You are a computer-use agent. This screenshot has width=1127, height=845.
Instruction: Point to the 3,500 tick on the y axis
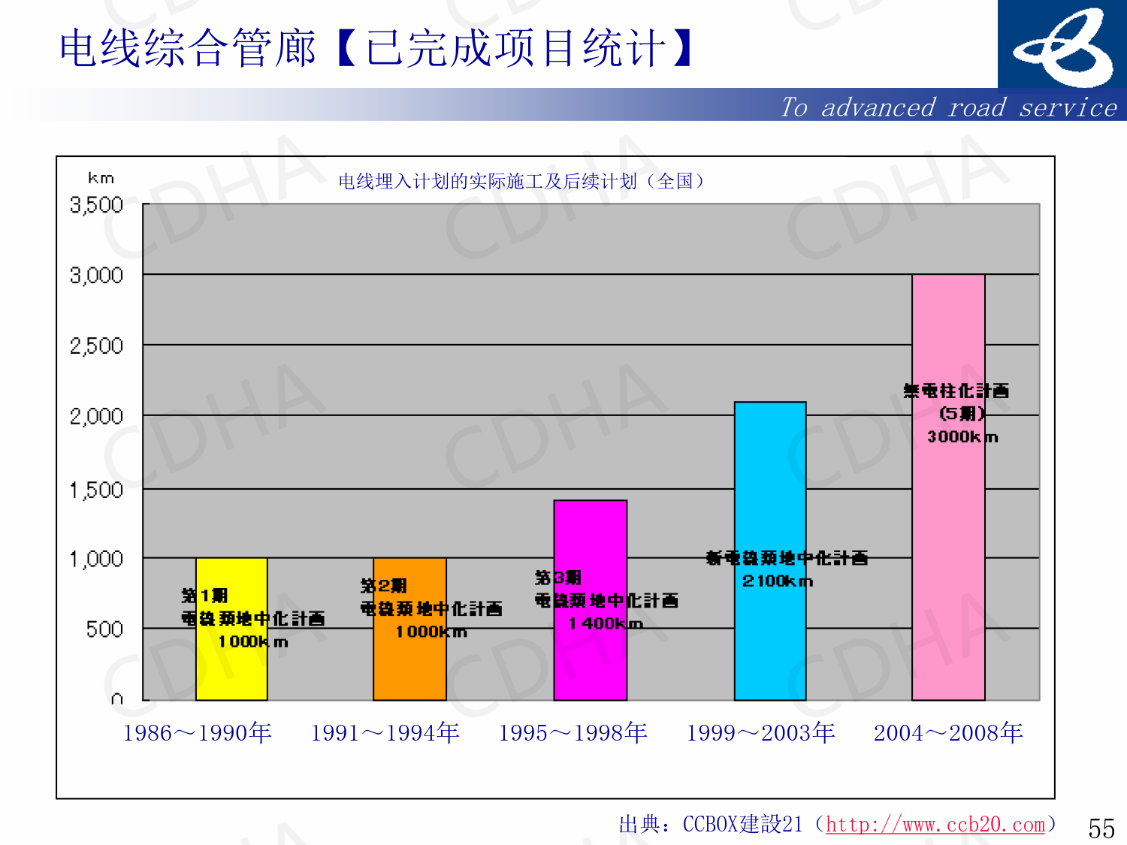coord(96,205)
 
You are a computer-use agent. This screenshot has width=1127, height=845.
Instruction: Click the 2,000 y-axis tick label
coord(96,416)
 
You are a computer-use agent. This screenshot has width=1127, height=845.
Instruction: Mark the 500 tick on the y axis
coord(104,629)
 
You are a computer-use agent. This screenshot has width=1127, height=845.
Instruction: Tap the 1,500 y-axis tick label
coord(96,490)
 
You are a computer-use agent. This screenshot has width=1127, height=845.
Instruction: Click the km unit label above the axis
coord(101,178)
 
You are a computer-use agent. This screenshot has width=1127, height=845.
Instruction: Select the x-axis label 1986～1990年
coord(197,732)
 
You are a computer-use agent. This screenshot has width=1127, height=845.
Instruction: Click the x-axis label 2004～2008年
coord(948,732)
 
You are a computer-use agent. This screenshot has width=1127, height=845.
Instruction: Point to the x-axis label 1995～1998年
coord(573,732)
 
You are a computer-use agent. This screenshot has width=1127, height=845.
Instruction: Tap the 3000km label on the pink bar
coord(962,436)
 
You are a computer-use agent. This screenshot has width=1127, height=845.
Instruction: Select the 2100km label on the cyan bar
coord(778,581)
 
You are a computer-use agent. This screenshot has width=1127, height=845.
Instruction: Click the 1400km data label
coord(606,623)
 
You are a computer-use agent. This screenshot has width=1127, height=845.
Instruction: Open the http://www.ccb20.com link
coord(935,825)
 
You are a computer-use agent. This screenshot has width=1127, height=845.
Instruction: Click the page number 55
coord(1101,828)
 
